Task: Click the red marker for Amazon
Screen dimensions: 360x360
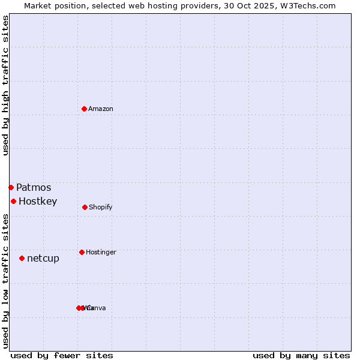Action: [x=84, y=109]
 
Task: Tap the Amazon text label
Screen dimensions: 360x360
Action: [x=101, y=109]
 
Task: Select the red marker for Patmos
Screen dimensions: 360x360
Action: [x=11, y=187]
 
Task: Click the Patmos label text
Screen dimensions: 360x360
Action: [x=34, y=188]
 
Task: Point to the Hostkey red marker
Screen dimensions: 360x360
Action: [x=13, y=201]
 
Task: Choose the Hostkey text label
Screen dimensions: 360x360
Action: [x=38, y=202]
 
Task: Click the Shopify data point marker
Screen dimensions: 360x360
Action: [x=85, y=207]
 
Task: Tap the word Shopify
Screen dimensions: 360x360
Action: [x=101, y=208]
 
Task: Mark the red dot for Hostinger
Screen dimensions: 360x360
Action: [x=82, y=252]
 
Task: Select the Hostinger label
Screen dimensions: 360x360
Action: [x=101, y=253]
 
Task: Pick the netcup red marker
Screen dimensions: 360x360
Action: [x=22, y=258]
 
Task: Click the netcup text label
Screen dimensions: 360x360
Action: [x=43, y=259]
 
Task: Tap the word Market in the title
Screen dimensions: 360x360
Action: [x=39, y=5]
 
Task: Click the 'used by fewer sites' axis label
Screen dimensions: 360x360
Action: [x=62, y=355]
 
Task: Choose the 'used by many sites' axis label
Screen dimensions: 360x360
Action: [x=301, y=355]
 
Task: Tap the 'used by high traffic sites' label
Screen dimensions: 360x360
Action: [x=5, y=85]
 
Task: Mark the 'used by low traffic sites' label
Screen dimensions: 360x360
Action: [x=5, y=281]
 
